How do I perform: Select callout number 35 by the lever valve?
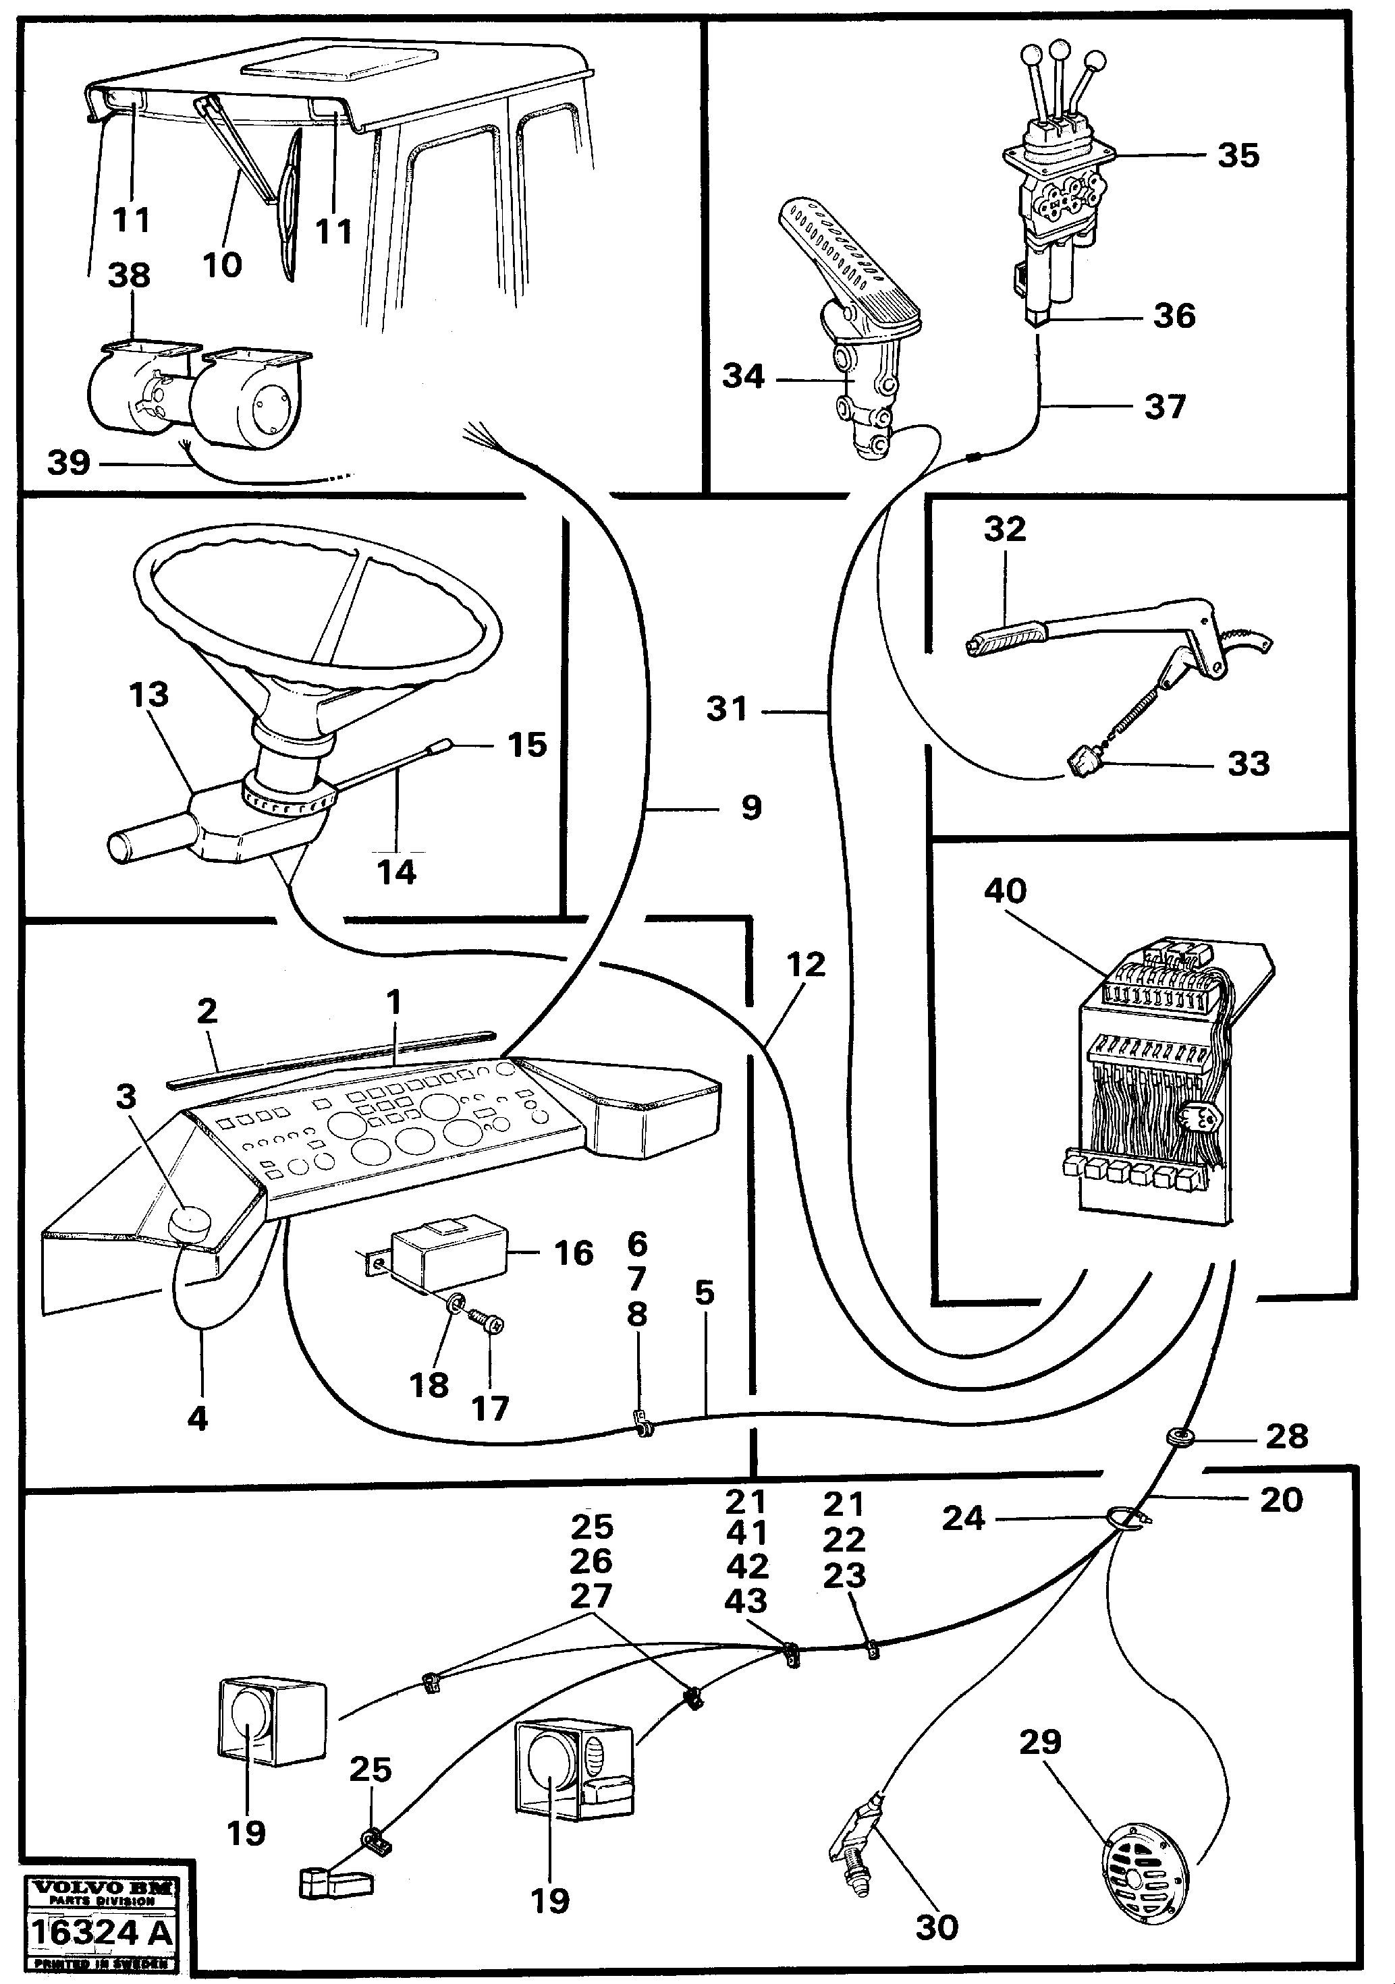tap(1238, 156)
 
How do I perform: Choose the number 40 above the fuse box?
tap(1004, 891)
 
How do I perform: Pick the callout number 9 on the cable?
tap(751, 808)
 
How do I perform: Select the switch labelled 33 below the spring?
tap(1082, 762)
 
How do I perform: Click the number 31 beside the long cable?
tap(726, 708)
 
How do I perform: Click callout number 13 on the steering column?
tap(148, 694)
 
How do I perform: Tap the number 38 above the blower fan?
tap(129, 276)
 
